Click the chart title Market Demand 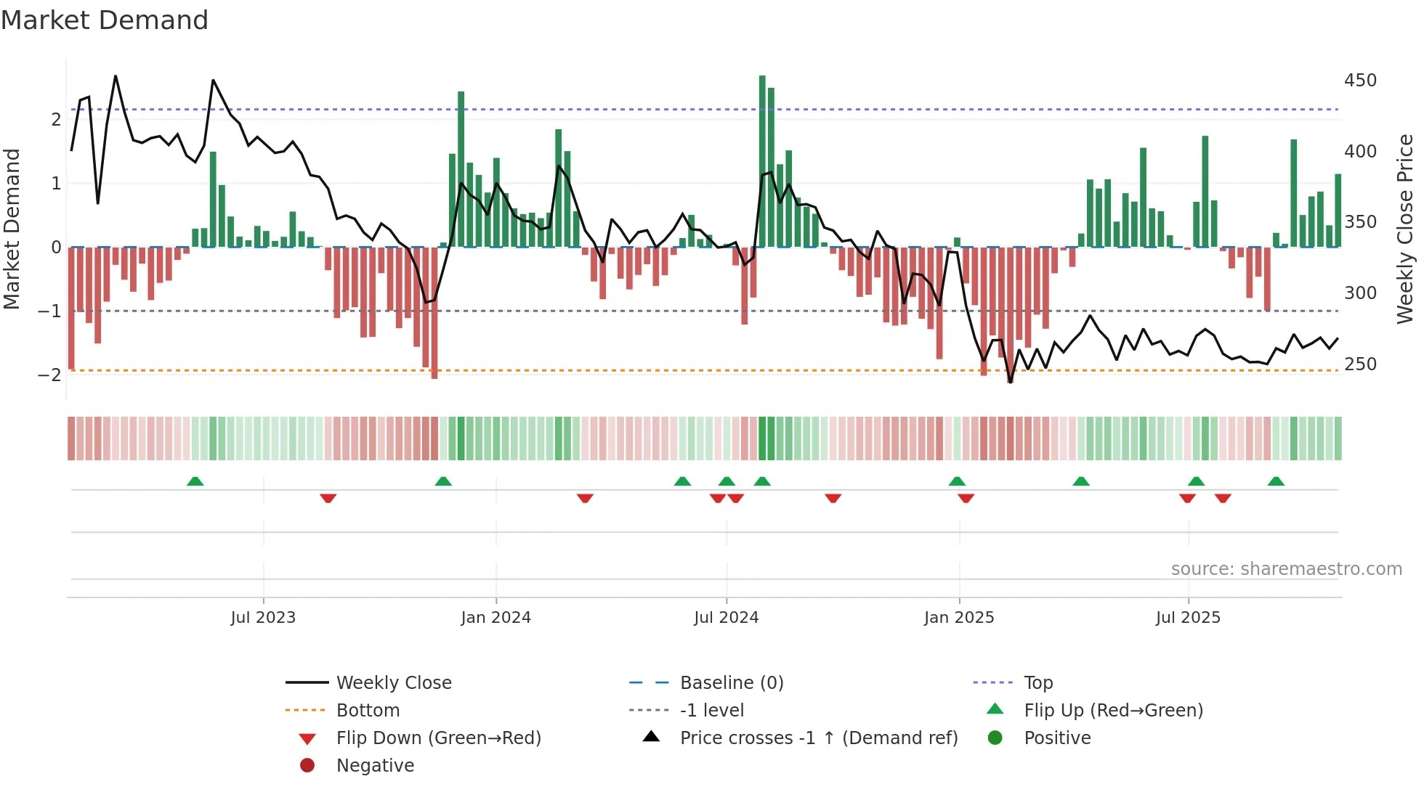(x=105, y=20)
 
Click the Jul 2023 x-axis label (x=263, y=618)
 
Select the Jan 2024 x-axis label (x=496, y=618)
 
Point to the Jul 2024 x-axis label (x=726, y=618)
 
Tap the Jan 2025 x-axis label (x=959, y=618)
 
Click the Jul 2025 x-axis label (x=1188, y=618)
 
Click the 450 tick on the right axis (x=1360, y=81)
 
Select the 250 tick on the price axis (x=1360, y=364)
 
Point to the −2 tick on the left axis (x=49, y=375)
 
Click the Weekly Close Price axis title (x=1405, y=229)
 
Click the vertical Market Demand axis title (x=12, y=229)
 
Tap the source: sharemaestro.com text (x=1286, y=569)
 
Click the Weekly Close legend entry (x=393, y=683)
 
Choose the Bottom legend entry (x=368, y=711)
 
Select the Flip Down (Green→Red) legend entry (x=438, y=738)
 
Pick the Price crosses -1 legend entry (x=818, y=738)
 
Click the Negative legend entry (x=375, y=766)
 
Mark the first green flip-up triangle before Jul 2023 (x=195, y=481)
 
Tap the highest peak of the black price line (x=116, y=76)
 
